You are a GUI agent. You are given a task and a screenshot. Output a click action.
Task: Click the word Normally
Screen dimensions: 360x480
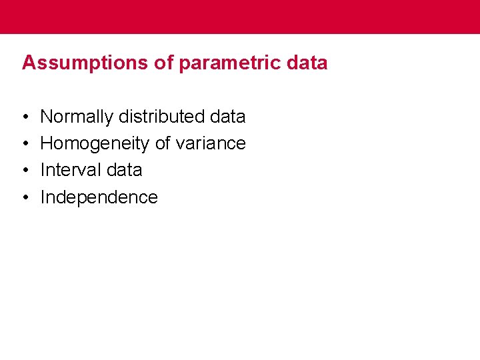[x=77, y=117]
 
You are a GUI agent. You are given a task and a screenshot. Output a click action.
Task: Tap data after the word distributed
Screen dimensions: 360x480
[x=228, y=117]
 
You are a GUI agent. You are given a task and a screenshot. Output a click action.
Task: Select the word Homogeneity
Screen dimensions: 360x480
[x=95, y=143]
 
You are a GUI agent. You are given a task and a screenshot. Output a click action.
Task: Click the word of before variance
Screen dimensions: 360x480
[x=162, y=143]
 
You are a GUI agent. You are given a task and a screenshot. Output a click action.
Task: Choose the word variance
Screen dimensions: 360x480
[x=211, y=143]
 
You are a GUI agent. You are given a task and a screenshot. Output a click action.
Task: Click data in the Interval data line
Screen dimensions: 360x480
[x=124, y=170]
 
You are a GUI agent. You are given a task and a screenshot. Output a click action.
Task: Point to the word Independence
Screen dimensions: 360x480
[x=99, y=197]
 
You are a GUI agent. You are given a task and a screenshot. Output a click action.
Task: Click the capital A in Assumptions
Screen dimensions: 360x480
[x=28, y=63]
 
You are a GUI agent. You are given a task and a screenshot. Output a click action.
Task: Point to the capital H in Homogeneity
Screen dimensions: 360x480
[x=47, y=143]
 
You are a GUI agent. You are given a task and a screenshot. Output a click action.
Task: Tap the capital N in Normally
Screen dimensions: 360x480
[x=47, y=117]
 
